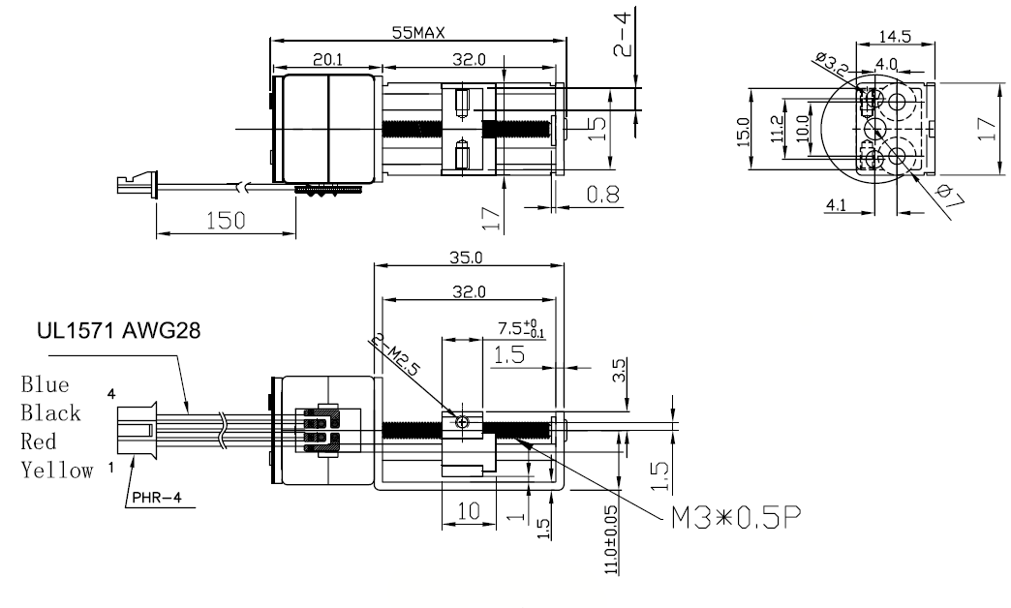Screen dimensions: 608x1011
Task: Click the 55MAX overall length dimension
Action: coord(418,32)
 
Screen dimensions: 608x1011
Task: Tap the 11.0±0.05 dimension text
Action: coord(609,543)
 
